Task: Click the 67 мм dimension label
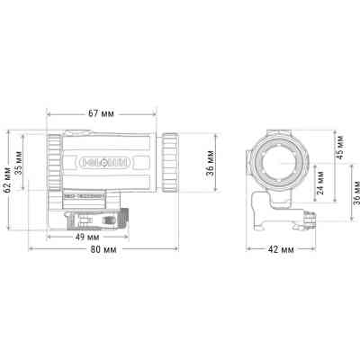click(101, 113)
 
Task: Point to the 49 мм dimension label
click(87, 238)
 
